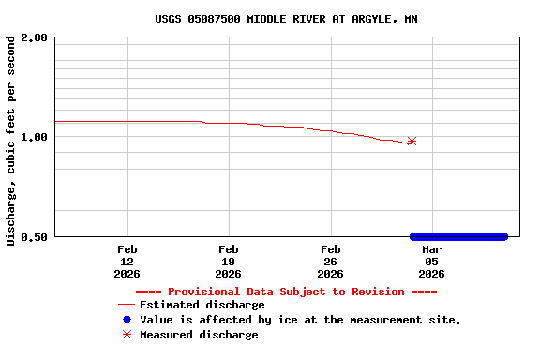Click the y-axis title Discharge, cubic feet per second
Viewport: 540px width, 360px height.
[x=11, y=141]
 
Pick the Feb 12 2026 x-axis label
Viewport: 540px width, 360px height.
[x=127, y=262]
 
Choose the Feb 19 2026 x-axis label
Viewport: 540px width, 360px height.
[x=229, y=262]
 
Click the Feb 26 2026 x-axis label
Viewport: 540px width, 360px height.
[x=330, y=262]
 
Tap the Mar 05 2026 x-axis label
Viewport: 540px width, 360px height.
[x=431, y=262]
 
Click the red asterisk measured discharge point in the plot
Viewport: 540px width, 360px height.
[x=412, y=142]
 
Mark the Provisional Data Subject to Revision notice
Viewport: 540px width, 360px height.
[x=286, y=292]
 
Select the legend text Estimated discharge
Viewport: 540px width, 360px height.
[x=202, y=305]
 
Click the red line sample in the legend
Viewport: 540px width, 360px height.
[x=127, y=305]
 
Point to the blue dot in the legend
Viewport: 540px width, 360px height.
[x=127, y=320]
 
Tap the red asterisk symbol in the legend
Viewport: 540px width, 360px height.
[x=127, y=335]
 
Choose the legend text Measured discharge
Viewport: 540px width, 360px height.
[x=199, y=335]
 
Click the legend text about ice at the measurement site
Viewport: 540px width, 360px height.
[x=300, y=320]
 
